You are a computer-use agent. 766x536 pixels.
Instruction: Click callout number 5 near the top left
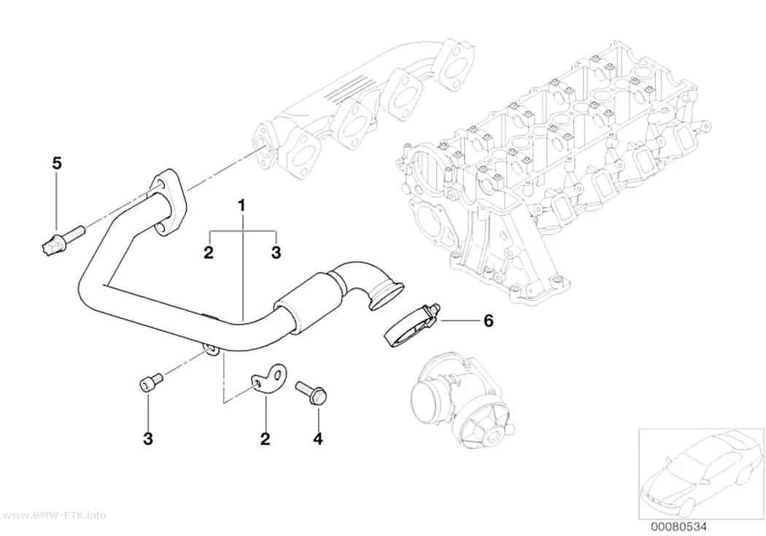57,163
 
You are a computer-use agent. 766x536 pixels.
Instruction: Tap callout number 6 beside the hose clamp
488,321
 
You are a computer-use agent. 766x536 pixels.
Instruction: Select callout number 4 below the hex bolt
318,439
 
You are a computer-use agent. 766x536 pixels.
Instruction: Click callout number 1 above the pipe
241,206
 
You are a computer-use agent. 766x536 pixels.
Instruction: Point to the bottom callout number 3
148,438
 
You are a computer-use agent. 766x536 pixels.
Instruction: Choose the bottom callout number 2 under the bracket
266,439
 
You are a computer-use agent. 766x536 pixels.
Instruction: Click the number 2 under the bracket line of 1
209,253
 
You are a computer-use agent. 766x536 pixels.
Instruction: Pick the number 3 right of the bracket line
276,253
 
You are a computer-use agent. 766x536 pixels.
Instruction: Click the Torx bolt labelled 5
61,240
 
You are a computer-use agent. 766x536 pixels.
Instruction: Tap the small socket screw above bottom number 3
150,381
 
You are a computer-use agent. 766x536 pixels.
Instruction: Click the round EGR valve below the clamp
461,402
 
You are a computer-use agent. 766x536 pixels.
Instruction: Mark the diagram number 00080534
678,527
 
